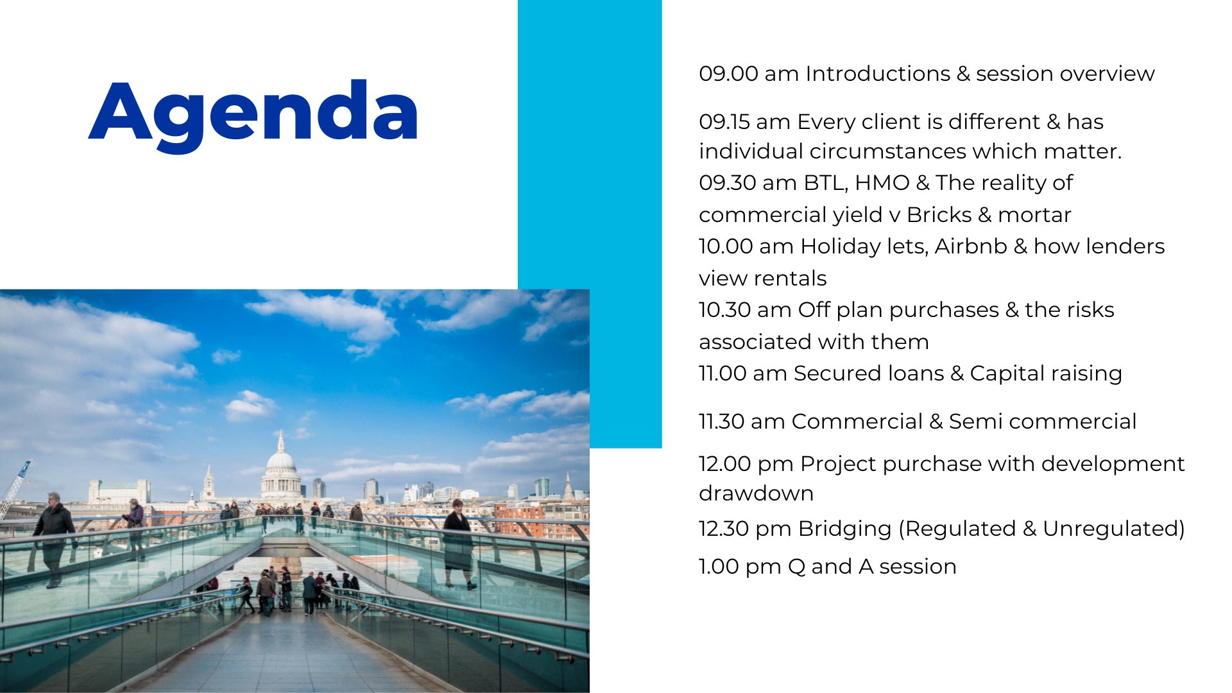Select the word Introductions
coord(878,74)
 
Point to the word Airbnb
coord(971,246)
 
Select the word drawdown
coord(756,493)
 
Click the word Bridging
coord(845,529)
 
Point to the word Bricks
coord(939,215)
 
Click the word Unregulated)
coord(1114,529)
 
